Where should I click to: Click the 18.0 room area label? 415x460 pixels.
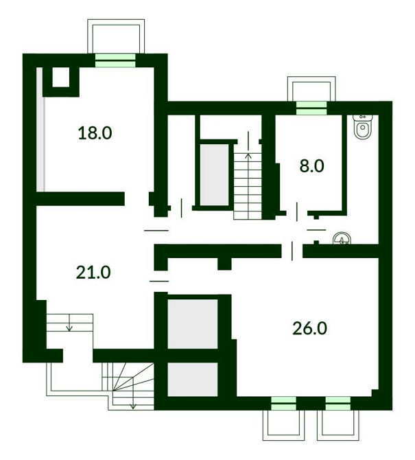point(95,133)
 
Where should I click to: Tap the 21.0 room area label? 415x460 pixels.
point(93,272)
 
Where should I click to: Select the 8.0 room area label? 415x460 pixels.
point(311,165)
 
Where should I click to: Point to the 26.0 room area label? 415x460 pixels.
point(309,327)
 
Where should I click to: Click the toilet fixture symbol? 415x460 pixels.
point(363,126)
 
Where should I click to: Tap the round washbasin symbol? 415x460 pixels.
point(342,238)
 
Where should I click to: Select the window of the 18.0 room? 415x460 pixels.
point(115,60)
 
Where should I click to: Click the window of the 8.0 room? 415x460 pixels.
point(311,108)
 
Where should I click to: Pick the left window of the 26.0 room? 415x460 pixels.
point(283,403)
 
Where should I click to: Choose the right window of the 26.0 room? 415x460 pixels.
point(338,403)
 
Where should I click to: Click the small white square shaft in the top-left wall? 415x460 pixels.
point(61,77)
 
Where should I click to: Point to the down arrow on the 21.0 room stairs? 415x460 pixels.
point(69,323)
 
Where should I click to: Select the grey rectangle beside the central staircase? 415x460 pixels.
point(214,174)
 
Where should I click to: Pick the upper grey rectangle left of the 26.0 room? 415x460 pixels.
point(193,324)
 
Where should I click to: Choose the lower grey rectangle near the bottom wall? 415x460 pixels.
point(193,379)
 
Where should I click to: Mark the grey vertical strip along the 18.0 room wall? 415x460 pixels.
point(40,129)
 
